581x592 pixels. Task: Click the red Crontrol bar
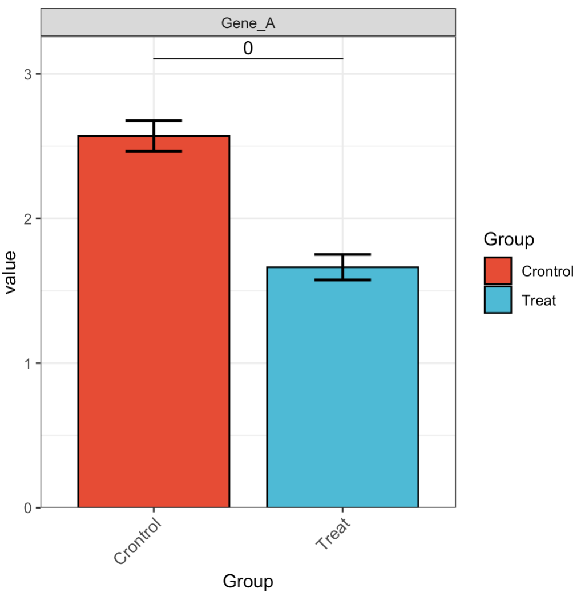pyautogui.click(x=154, y=326)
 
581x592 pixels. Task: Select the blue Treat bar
pyautogui.click(x=342, y=389)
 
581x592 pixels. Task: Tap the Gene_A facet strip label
pyautogui.click(x=248, y=24)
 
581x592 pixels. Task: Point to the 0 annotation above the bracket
pyautogui.click(x=248, y=49)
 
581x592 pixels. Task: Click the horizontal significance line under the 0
pyautogui.click(x=248, y=58)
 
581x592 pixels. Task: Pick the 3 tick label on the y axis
pyautogui.click(x=28, y=74)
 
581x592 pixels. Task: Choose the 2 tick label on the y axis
pyautogui.click(x=28, y=219)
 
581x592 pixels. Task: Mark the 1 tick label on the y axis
pyautogui.click(x=28, y=363)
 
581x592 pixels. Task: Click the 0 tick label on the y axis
pyautogui.click(x=28, y=507)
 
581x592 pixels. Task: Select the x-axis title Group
pyautogui.click(x=248, y=581)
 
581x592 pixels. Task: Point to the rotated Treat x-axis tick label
pyautogui.click(x=333, y=534)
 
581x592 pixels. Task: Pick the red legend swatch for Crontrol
pyautogui.click(x=498, y=271)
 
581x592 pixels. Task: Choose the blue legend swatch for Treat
pyautogui.click(x=498, y=299)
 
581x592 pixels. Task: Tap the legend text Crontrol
pyautogui.click(x=547, y=271)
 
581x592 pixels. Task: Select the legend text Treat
pyautogui.click(x=538, y=299)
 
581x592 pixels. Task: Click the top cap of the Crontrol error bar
pyautogui.click(x=154, y=121)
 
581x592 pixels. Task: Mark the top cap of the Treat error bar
pyautogui.click(x=342, y=254)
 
